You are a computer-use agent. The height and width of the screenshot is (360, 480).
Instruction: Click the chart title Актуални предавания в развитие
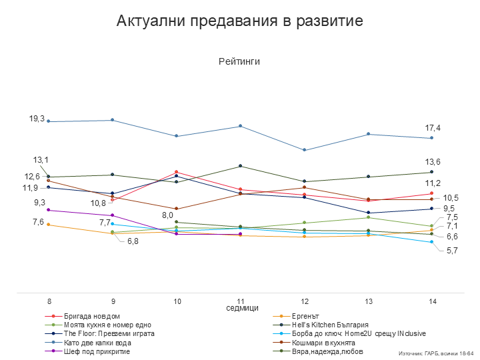click(239, 21)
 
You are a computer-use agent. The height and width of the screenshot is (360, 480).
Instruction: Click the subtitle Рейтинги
click(239, 61)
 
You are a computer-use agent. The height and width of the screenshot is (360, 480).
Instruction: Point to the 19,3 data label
click(37, 119)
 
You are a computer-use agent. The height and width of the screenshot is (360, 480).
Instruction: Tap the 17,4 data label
click(433, 128)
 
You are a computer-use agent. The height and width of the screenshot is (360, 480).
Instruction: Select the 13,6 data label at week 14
click(433, 162)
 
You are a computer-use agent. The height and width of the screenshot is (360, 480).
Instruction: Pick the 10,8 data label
click(98, 203)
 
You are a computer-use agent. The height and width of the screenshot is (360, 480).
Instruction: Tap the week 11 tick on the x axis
click(240, 302)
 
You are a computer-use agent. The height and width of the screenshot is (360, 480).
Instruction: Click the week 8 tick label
click(49, 302)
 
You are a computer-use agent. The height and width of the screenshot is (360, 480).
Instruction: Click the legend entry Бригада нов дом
click(92, 316)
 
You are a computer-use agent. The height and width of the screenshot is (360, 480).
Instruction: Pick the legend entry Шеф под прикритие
click(97, 351)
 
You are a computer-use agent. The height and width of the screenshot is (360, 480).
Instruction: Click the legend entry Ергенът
click(306, 316)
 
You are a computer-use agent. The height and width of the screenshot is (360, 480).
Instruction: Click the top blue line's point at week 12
click(304, 150)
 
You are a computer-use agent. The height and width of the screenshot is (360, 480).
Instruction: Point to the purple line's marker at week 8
click(49, 210)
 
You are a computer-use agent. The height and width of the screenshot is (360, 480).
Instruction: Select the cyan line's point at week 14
click(432, 242)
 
